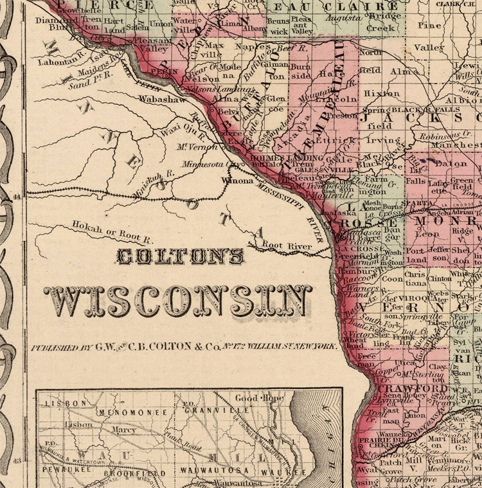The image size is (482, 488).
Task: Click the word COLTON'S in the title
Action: (x=179, y=257)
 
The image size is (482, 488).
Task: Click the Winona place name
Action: (x=237, y=181)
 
